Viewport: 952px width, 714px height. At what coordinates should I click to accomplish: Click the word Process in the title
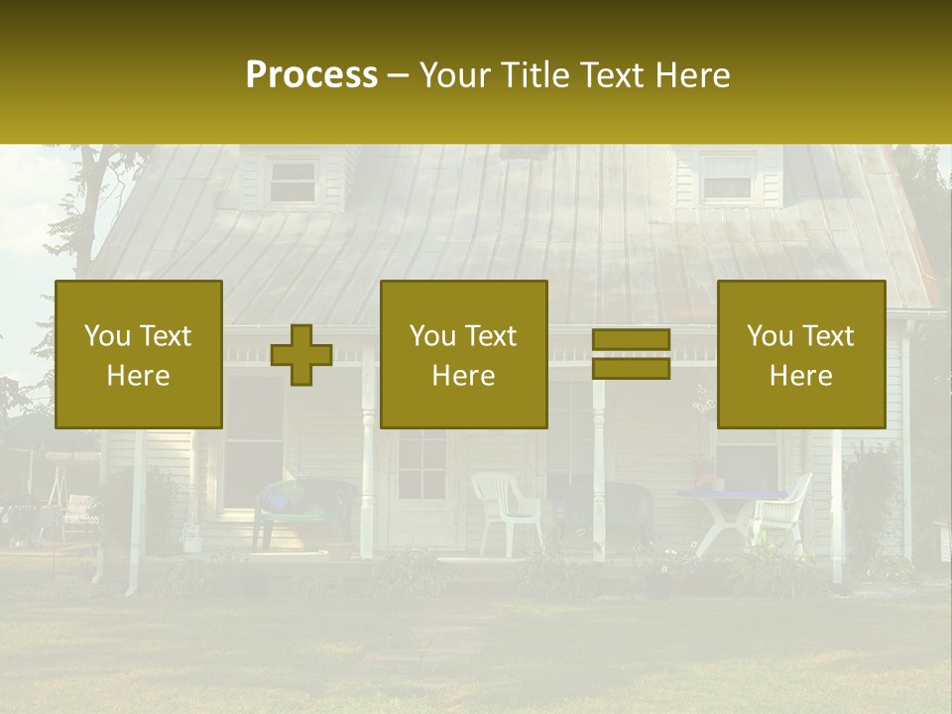click(311, 75)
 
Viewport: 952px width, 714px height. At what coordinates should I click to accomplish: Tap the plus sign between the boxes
click(301, 355)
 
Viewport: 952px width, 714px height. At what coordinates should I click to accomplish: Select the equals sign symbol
click(631, 354)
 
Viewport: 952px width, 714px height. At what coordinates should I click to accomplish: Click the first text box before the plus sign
click(139, 354)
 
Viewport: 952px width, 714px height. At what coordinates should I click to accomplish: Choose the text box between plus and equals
click(463, 354)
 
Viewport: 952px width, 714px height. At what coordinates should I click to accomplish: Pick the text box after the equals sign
click(800, 354)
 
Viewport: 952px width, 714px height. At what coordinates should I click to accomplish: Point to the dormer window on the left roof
click(293, 181)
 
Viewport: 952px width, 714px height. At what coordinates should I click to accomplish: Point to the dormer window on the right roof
click(727, 178)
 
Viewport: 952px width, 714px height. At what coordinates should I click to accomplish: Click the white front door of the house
click(420, 486)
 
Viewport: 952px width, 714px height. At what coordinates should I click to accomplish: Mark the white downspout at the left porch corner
click(134, 516)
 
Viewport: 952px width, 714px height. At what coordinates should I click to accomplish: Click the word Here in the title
click(692, 75)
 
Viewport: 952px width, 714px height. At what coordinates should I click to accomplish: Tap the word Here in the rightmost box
click(800, 376)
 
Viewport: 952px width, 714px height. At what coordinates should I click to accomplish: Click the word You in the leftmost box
click(107, 336)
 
